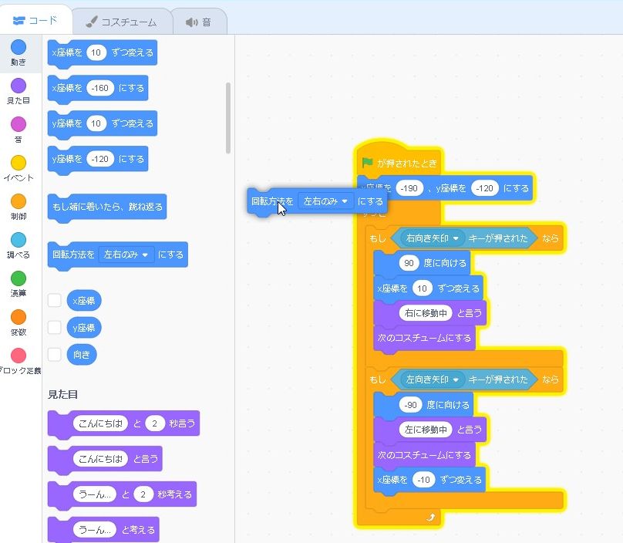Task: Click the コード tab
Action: [35, 21]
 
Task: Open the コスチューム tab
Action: [120, 22]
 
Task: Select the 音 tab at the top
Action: [198, 22]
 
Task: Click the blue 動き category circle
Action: [18, 48]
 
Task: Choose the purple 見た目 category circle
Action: [18, 86]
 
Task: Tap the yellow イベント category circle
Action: [18, 163]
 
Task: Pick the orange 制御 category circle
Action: [18, 201]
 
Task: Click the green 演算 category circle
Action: [18, 278]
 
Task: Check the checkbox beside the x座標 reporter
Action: [55, 301]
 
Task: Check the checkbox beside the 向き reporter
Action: [55, 355]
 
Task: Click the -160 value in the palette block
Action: [100, 88]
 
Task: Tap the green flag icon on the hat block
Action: [368, 163]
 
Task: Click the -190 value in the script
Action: [409, 188]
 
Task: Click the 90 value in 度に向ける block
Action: [409, 263]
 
